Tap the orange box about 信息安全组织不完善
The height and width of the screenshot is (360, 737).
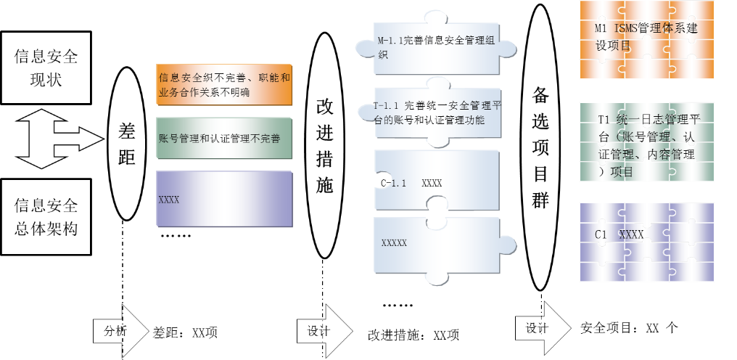point(224,84)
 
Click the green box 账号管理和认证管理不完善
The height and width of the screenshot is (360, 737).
point(224,138)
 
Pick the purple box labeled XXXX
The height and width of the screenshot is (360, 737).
point(224,199)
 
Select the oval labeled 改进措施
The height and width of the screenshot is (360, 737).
point(325,146)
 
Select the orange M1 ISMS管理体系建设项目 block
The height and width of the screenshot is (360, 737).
point(646,39)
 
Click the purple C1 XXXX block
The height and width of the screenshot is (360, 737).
point(646,242)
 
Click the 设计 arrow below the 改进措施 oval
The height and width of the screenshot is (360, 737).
point(323,331)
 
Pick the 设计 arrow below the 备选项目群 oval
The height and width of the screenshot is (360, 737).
point(541,327)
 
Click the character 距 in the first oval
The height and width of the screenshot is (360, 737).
point(127,157)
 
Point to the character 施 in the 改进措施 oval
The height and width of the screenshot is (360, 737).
point(325,185)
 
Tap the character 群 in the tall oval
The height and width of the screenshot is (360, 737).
point(540,200)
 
